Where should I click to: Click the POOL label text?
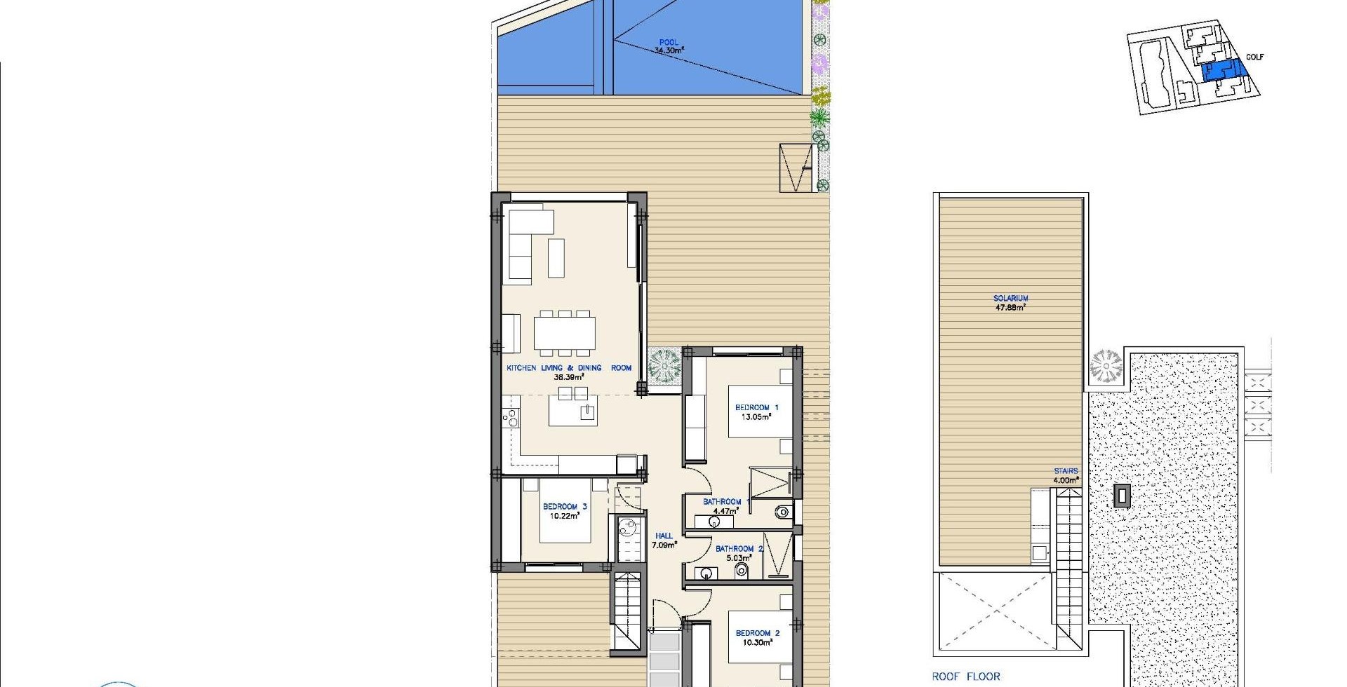click(x=669, y=42)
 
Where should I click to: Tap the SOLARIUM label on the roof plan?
click(x=1010, y=298)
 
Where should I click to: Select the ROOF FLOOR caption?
click(x=966, y=676)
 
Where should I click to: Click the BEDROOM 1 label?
click(x=756, y=407)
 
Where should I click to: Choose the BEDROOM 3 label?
click(x=564, y=506)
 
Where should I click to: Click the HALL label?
click(x=664, y=536)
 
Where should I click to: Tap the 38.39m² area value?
click(x=569, y=376)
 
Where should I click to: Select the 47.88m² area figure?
click(x=1010, y=307)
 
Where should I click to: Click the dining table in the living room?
click(x=565, y=333)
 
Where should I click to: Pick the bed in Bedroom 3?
click(x=565, y=510)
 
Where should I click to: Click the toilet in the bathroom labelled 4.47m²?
click(x=783, y=513)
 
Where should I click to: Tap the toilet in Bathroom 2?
click(x=741, y=571)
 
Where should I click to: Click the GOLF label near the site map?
click(x=1254, y=57)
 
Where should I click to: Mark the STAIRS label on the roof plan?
click(x=1065, y=471)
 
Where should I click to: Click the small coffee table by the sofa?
click(x=556, y=258)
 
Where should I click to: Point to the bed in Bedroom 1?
click(x=760, y=411)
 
